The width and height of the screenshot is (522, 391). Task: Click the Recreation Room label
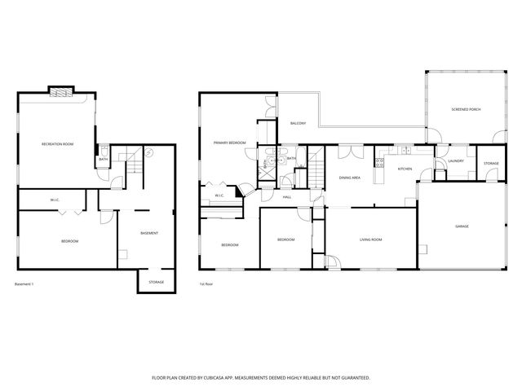pos(57,144)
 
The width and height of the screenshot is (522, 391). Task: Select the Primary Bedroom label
pos(230,143)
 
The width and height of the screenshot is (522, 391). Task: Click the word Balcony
pos(298,123)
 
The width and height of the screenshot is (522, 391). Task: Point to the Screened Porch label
pos(465,110)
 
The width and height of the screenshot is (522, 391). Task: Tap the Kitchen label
pos(405,169)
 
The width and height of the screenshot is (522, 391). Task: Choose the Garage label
pos(462,227)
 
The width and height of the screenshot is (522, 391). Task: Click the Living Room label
pos(370,239)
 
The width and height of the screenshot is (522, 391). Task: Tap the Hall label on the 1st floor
pos(287,196)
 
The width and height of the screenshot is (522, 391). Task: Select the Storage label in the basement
pos(156,282)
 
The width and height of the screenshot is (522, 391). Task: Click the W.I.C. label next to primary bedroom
pos(219,195)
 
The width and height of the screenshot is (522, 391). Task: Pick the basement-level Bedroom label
pos(69,242)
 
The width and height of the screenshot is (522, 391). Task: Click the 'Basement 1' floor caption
pos(24,283)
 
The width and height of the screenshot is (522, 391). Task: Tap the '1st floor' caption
pos(206,283)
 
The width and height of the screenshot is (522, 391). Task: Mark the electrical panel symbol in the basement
pos(148,152)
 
